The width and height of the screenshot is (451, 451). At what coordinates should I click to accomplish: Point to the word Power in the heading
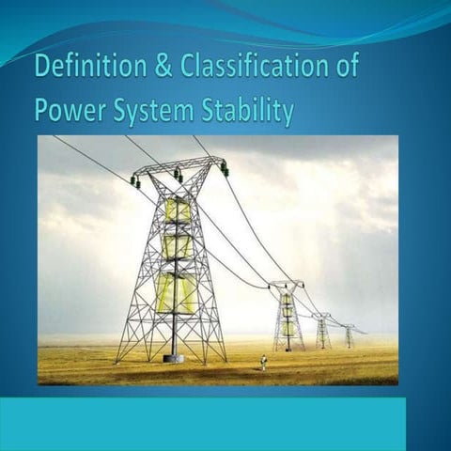click(65, 110)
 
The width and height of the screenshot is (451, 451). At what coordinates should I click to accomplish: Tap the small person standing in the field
click(264, 362)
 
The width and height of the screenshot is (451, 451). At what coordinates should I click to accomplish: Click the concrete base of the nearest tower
click(173, 358)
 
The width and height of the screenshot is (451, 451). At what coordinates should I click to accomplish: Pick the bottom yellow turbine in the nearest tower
click(176, 293)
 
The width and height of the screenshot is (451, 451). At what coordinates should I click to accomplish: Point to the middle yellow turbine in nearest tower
click(177, 246)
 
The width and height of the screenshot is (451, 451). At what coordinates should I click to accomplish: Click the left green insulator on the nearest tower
click(134, 181)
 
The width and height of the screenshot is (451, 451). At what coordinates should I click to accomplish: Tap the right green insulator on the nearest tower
click(225, 169)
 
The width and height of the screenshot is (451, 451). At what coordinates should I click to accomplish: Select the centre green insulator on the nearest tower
click(177, 175)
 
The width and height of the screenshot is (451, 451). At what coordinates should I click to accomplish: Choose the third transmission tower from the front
click(323, 331)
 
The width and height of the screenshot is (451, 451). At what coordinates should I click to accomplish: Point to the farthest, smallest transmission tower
click(349, 336)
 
